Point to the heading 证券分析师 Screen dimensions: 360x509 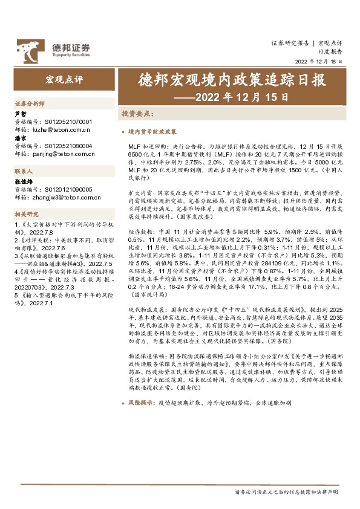tap(30, 104)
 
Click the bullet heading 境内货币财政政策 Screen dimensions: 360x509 tap(152, 131)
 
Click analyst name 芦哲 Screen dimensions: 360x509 tap(20, 113)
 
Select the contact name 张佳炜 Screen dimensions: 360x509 tap(22, 181)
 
